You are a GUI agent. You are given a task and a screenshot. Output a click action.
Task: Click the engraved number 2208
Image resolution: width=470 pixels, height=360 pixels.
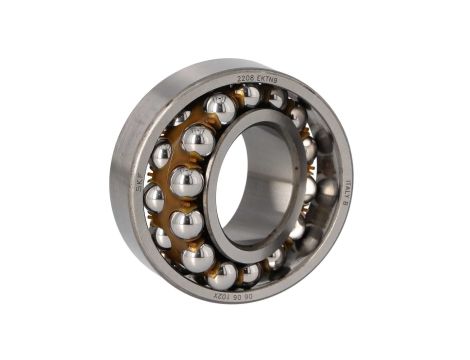(x=246, y=78)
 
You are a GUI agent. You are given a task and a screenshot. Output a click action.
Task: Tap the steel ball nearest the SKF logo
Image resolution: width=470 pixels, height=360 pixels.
(x=154, y=198)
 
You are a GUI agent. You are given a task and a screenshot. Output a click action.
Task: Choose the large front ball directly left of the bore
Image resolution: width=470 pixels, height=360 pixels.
(x=186, y=182)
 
